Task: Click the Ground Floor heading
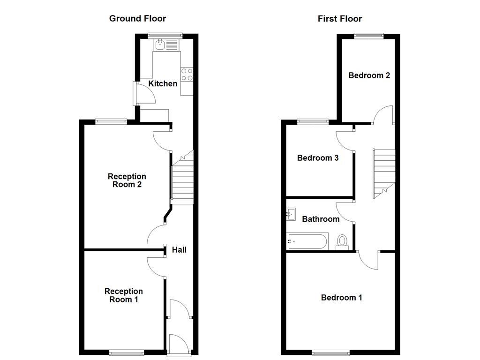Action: tap(137, 19)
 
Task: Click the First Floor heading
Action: tap(340, 19)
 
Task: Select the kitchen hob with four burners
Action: tap(187, 75)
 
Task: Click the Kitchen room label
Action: tap(163, 84)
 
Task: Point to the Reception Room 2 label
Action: tap(127, 180)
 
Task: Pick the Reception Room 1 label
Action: tap(123, 295)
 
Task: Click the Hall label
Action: tap(179, 250)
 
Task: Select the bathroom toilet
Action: tap(343, 242)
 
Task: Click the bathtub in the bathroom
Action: tap(307, 242)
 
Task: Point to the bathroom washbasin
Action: tap(292, 215)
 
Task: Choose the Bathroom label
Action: tap(321, 219)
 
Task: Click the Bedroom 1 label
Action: tap(341, 298)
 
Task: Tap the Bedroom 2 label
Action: tap(369, 75)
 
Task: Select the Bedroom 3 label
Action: tap(318, 158)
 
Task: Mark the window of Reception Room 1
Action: tap(127, 352)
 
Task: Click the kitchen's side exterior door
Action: tap(135, 93)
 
